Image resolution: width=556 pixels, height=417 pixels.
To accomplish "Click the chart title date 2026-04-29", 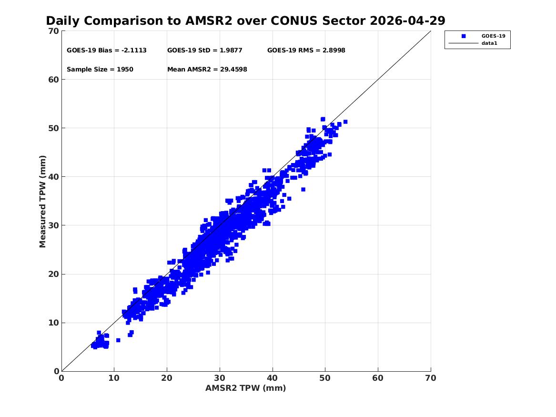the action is coord(407,21).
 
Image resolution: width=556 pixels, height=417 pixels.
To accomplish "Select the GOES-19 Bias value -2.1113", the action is coord(134,51).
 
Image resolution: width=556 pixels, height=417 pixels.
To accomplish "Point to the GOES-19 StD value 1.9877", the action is coord(231,51).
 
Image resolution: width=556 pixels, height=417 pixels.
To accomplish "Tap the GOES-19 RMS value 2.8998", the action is coord(334,51).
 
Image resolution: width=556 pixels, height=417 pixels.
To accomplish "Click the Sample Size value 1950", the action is coord(125,70).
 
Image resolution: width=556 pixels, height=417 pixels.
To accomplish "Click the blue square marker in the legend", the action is coord(464,36).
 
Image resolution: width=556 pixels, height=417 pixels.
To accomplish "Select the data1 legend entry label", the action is coord(489,43).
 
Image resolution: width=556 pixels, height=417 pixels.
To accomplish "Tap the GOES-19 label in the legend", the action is coord(493,36).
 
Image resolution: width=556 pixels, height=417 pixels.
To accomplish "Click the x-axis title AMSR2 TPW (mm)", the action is coord(246,388).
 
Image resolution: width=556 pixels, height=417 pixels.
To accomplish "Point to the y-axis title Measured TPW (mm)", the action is coord(42,202).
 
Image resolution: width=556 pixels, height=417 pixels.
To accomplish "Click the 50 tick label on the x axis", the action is coord(325,378).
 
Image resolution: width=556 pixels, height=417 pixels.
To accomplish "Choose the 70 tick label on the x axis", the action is coord(431,378).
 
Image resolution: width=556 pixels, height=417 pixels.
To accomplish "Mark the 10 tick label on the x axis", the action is coord(114,378).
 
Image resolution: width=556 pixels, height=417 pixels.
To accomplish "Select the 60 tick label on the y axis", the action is coord(54,80).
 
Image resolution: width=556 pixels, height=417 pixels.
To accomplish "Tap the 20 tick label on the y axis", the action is coord(54,274).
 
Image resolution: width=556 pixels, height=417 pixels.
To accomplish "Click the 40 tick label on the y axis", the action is coord(54,177).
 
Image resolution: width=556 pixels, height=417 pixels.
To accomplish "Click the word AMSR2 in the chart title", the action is coord(209,21).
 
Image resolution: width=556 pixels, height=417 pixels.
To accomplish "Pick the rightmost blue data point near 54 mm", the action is coord(345,122).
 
